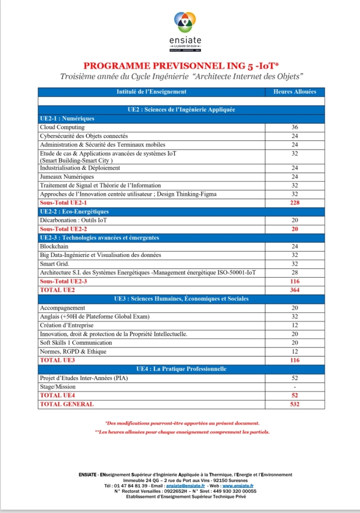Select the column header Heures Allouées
[x=294, y=92]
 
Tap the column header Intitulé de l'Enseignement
[x=151, y=92]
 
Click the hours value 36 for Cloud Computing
[x=294, y=127]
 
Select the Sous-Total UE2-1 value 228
[x=294, y=203]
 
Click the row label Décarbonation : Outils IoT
[x=73, y=220]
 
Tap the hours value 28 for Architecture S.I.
[x=294, y=273]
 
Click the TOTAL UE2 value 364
[x=294, y=290]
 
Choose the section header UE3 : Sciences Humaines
[x=181, y=299]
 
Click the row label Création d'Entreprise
[x=67, y=325]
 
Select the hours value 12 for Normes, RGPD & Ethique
[x=294, y=351]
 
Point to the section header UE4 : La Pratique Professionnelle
[x=181, y=369]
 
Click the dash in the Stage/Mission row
[x=294, y=387]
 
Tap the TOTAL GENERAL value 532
[x=294, y=404]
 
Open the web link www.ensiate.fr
[x=238, y=485]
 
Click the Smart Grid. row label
[x=55, y=264]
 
